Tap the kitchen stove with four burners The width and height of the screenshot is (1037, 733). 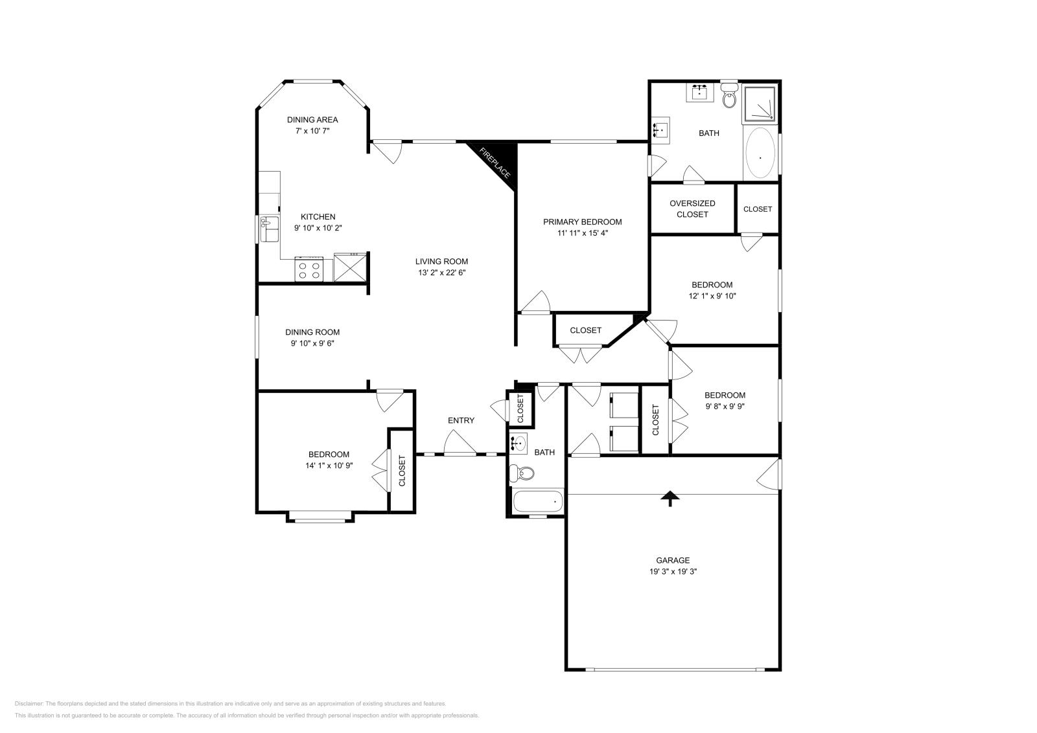[310, 269]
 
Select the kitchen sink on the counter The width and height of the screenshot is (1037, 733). [268, 229]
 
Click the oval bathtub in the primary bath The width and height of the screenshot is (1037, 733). [760, 154]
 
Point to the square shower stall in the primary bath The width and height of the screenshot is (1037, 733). [760, 104]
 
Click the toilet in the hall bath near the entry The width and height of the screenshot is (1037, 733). [522, 474]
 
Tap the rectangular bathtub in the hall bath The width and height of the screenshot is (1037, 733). [538, 501]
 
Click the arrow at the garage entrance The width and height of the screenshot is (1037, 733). [670, 497]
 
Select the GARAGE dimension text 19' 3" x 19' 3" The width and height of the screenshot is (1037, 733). [672, 572]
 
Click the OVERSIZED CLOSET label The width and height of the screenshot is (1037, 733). [692, 209]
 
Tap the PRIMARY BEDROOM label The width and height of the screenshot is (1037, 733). [582, 221]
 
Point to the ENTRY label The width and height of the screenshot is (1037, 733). [461, 420]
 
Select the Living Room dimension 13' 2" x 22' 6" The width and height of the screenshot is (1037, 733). [441, 273]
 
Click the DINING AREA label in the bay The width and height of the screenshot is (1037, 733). [312, 119]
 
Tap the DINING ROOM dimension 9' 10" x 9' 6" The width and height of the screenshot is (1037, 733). [312, 343]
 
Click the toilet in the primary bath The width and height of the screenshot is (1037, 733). [729, 98]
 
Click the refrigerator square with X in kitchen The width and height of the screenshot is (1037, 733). [350, 267]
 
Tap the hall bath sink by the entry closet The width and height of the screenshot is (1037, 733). [519, 444]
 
